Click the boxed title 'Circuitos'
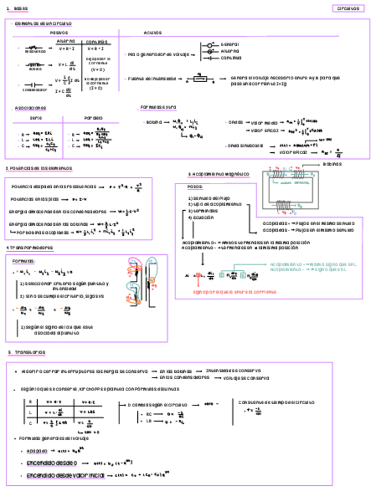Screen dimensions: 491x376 pyautogui.click(x=348, y=9)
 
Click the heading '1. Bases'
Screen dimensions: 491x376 pyautogui.click(x=17, y=9)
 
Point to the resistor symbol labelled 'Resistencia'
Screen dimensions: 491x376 pyautogui.click(x=35, y=48)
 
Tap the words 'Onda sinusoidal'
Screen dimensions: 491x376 pyautogui.click(x=245, y=145)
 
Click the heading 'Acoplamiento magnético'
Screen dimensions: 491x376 pyautogui.click(x=218, y=174)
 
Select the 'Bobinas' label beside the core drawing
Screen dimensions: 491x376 pyautogui.click(x=332, y=164)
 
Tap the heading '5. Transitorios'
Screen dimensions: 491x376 pyautogui.click(x=27, y=352)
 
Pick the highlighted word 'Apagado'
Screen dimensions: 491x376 pyautogui.click(x=36, y=450)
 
